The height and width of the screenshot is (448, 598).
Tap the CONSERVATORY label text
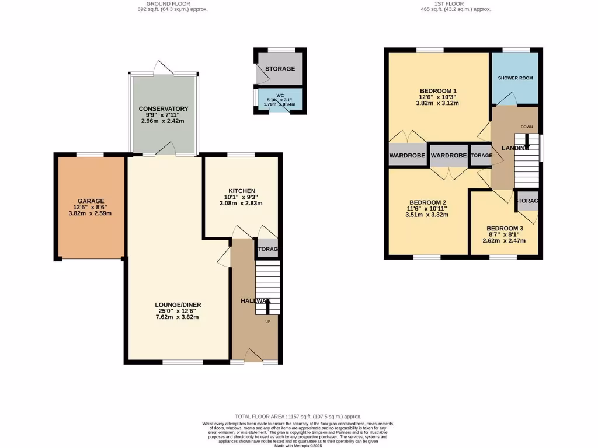click(163, 109)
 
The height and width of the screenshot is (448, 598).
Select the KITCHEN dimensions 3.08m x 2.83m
click(241, 204)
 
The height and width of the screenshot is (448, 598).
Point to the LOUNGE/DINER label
click(178, 304)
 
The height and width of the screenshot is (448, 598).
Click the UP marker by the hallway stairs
click(268, 321)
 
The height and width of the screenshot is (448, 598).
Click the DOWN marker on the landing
click(526, 126)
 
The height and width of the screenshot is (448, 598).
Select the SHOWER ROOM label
click(515, 78)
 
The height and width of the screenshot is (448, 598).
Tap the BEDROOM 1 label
click(437, 90)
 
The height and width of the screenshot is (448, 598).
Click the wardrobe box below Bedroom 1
click(406, 156)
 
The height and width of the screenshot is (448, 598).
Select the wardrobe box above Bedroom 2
click(448, 156)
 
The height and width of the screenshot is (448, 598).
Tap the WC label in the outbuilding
click(280, 94)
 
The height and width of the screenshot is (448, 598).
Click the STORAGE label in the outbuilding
click(280, 69)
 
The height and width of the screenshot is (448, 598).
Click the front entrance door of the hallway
click(253, 356)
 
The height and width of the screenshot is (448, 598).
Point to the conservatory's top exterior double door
click(163, 69)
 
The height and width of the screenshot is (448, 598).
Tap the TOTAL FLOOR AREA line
click(298, 416)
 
